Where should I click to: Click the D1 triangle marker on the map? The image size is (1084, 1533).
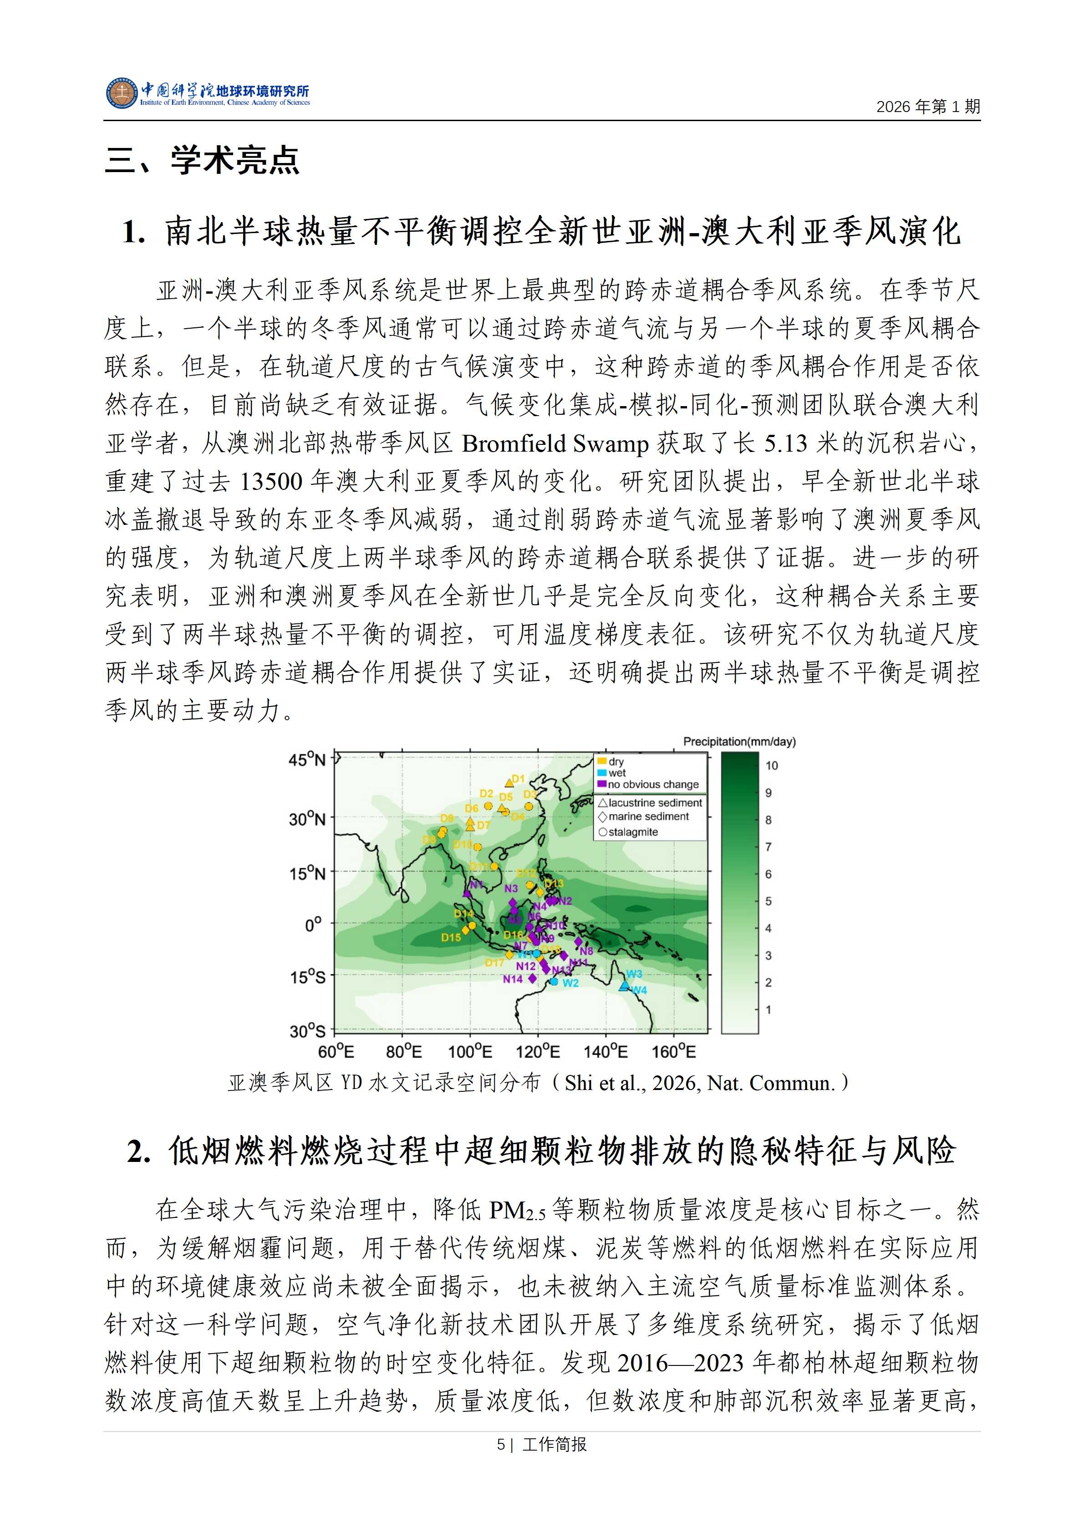point(509,783)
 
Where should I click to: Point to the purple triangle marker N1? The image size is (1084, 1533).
point(467,893)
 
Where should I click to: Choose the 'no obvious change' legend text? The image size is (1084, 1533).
point(653,784)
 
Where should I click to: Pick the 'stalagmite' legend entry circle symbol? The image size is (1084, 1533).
point(603,832)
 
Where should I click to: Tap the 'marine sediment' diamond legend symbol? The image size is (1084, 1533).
point(603,816)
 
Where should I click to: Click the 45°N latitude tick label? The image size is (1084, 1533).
point(307,760)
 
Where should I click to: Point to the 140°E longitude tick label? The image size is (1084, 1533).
point(606,1052)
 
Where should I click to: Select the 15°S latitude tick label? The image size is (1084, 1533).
point(307,978)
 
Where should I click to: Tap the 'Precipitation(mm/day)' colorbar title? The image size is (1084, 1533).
point(739,741)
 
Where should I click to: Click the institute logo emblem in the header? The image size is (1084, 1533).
point(121,93)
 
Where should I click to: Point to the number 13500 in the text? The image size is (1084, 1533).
point(271,481)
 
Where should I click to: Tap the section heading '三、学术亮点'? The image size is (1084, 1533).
point(202,160)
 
